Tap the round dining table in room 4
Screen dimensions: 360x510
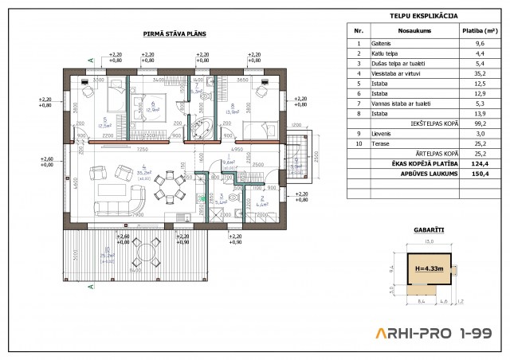[167, 187]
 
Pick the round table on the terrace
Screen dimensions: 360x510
[146, 255]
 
